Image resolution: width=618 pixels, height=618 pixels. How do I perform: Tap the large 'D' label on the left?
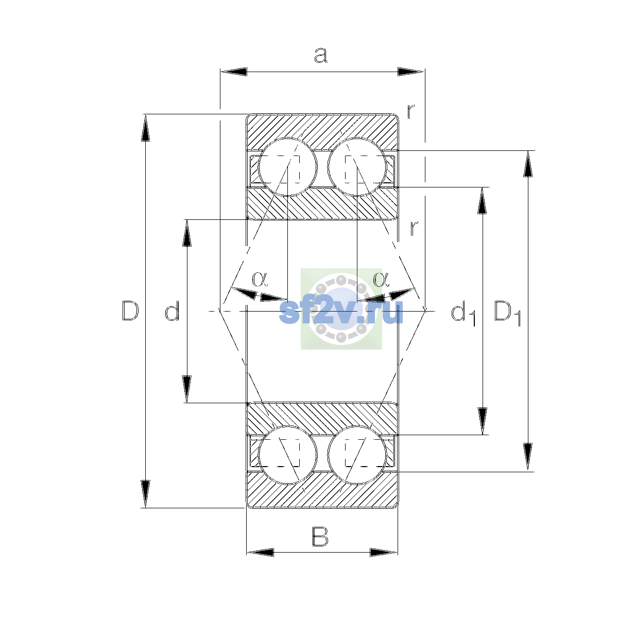pyautogui.click(x=130, y=311)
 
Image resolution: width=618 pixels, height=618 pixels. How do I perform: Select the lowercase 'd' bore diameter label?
pyautogui.click(x=172, y=311)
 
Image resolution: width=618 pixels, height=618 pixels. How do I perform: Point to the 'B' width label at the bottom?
pyautogui.click(x=320, y=537)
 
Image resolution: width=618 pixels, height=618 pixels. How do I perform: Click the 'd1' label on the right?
pyautogui.click(x=463, y=313)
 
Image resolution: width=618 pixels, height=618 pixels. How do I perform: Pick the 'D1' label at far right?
pyautogui.click(x=508, y=313)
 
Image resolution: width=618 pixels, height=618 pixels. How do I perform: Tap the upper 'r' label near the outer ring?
pyautogui.click(x=411, y=111)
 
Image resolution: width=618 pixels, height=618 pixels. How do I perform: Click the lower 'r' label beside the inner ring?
pyautogui.click(x=414, y=228)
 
